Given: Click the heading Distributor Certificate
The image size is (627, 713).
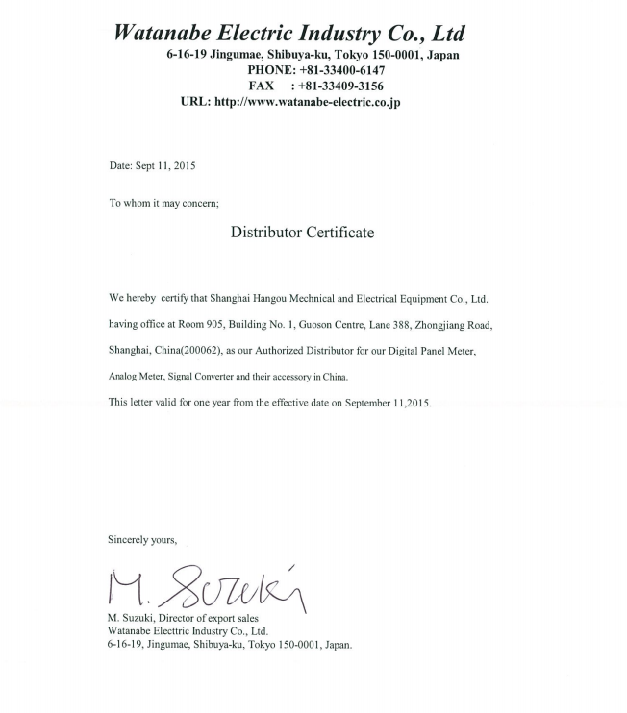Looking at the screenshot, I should coord(302,233).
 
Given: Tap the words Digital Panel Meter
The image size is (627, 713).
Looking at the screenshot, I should coord(433,352).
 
